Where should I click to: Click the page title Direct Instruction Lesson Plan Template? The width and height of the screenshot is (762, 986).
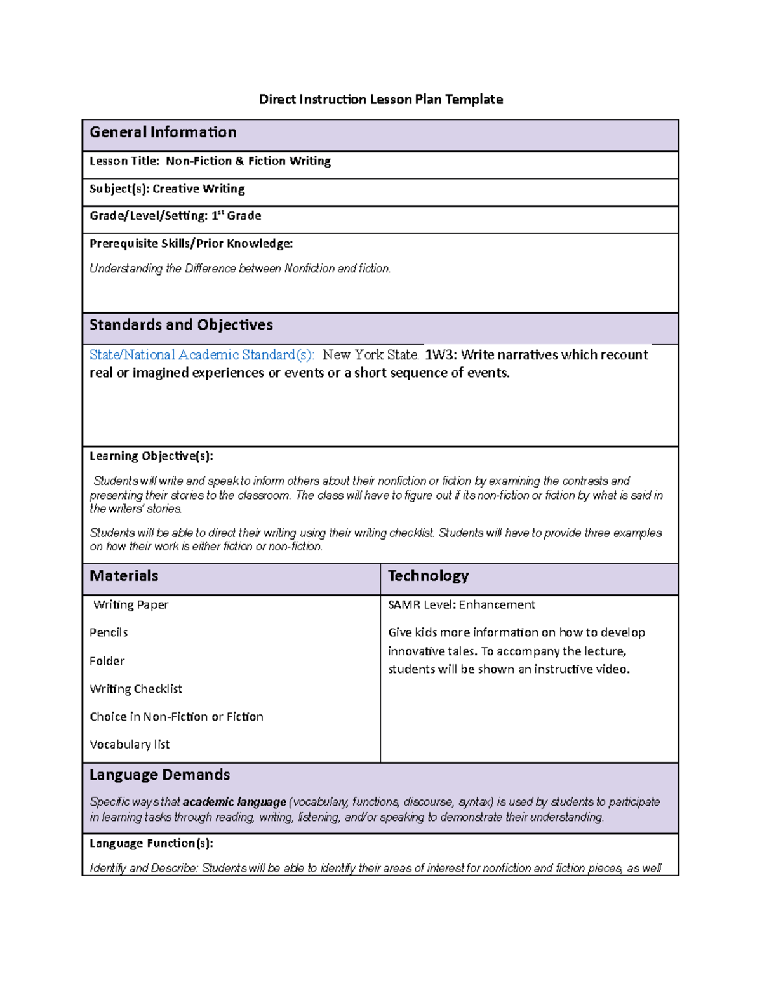tap(380, 99)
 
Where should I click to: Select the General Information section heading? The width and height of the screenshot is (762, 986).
tap(163, 132)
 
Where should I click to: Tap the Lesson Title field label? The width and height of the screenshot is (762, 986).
tap(124, 161)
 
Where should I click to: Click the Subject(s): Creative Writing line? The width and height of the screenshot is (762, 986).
tap(167, 189)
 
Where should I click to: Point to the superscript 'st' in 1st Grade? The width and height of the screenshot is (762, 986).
tap(221, 213)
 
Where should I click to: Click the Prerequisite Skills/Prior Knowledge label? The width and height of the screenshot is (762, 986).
tap(191, 243)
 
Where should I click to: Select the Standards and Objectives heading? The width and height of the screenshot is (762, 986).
tap(181, 325)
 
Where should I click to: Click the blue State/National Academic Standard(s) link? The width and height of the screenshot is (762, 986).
tap(201, 355)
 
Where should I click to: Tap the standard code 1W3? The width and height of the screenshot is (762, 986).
tap(440, 355)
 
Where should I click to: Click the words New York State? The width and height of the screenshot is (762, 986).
tap(370, 355)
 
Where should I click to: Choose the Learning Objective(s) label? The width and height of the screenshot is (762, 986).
tap(151, 456)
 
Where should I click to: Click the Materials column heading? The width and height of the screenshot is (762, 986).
tap(124, 576)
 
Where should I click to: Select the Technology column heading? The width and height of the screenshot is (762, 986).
tap(428, 576)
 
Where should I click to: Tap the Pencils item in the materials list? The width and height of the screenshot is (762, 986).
tap(109, 632)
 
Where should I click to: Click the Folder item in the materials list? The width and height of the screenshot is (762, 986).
tap(107, 661)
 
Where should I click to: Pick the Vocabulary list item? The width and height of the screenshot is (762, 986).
tap(130, 744)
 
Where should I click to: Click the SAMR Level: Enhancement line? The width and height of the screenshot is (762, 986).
tap(462, 604)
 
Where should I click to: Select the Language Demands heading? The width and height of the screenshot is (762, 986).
tap(159, 775)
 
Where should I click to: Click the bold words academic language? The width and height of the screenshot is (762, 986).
tap(234, 802)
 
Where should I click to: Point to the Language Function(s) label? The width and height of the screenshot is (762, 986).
tap(151, 843)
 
